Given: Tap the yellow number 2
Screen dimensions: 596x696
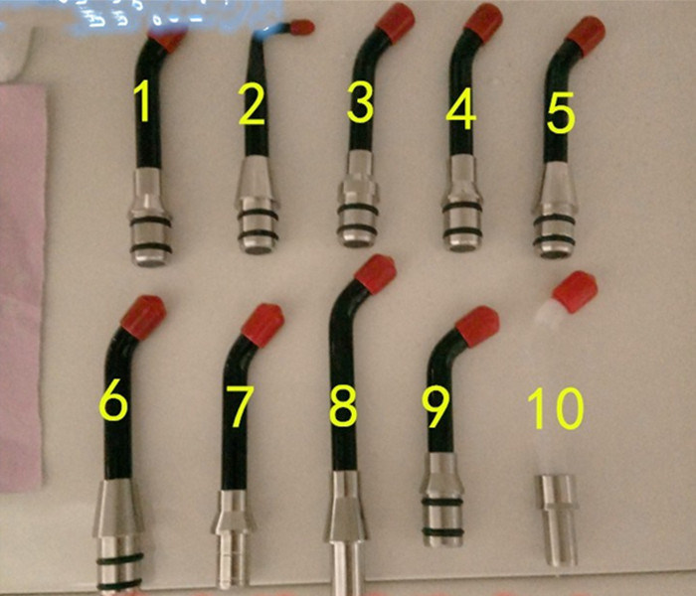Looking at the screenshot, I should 253,105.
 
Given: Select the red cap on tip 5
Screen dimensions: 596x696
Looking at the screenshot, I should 586,35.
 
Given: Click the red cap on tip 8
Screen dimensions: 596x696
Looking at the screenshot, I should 376,273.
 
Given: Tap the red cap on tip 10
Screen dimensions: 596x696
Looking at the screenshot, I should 575,291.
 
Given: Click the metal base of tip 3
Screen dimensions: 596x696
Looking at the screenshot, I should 358,204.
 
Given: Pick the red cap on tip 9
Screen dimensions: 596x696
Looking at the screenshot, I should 476,326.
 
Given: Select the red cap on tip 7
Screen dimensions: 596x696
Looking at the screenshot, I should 263,324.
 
